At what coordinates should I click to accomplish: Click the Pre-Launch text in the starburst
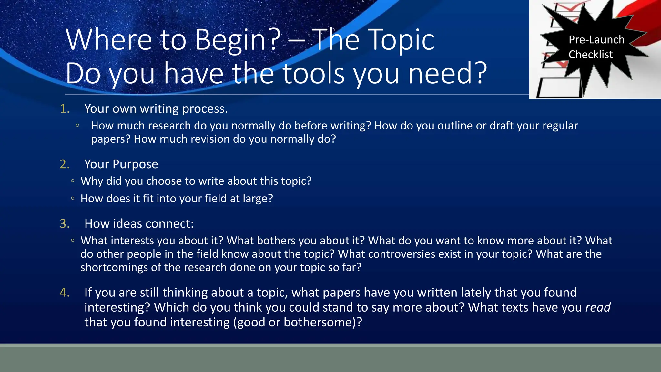pos(596,40)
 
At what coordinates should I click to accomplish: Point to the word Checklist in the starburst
pos(590,55)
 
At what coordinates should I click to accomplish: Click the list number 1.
pos(65,109)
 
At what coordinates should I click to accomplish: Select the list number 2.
pos(65,164)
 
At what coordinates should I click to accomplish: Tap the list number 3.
pos(65,224)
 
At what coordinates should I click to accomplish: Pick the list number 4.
pos(65,293)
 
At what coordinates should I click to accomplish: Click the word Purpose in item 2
pos(135,164)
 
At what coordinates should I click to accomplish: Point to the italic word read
pos(598,307)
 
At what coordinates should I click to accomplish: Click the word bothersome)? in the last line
pos(323,322)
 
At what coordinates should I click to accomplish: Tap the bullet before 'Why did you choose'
pos(73,181)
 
